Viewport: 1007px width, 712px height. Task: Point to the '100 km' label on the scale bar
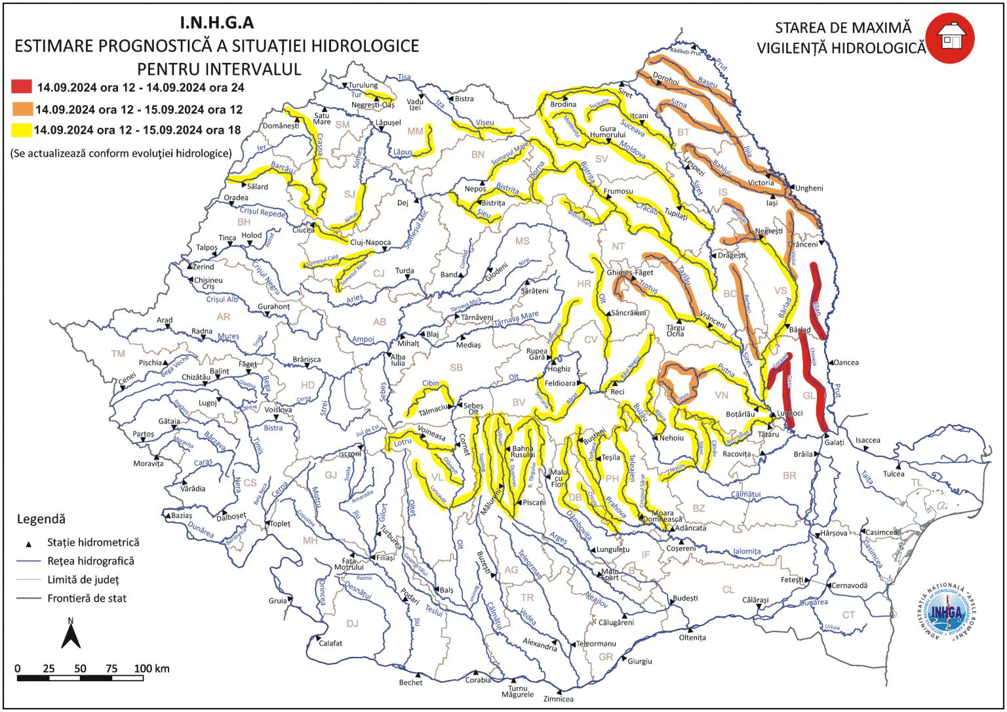pyautogui.click(x=152, y=669)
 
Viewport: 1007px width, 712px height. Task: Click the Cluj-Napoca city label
pyautogui.click(x=370, y=243)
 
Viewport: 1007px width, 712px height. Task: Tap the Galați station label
pyautogui.click(x=835, y=443)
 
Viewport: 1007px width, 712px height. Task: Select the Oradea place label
pyautogui.click(x=236, y=197)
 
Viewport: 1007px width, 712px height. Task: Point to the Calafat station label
pyautogui.click(x=330, y=643)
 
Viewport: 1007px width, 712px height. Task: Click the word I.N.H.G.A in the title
pyautogui.click(x=216, y=24)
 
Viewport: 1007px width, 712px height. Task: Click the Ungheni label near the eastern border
pyautogui.click(x=809, y=188)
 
